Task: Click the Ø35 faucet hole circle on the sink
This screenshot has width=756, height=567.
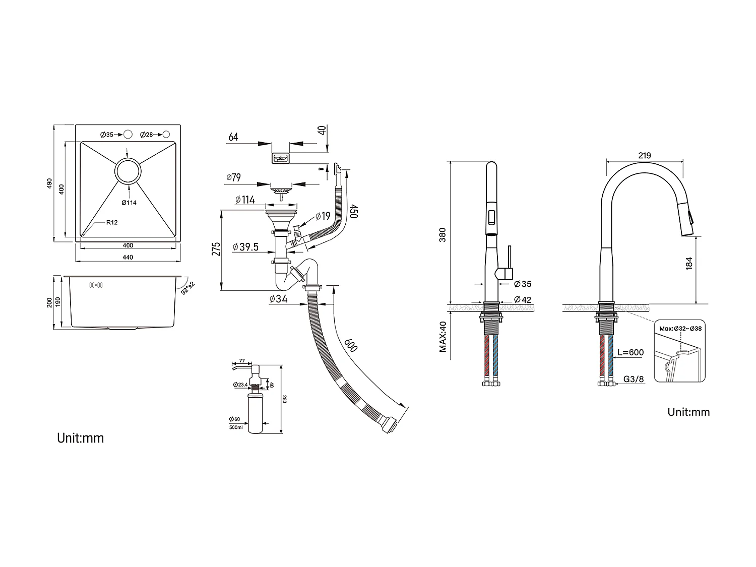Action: [x=128, y=135]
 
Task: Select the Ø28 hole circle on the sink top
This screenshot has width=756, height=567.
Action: [x=166, y=135]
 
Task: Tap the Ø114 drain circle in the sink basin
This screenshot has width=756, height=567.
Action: [x=128, y=171]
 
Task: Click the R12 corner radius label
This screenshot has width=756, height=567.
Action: [x=111, y=222]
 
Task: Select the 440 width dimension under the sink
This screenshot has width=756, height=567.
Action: [x=128, y=258]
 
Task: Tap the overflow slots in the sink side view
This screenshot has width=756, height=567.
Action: [x=96, y=286]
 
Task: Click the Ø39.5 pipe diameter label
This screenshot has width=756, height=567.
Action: [x=245, y=247]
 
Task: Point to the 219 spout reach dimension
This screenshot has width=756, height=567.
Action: [x=645, y=155]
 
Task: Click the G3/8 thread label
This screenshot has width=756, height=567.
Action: [x=634, y=379]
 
